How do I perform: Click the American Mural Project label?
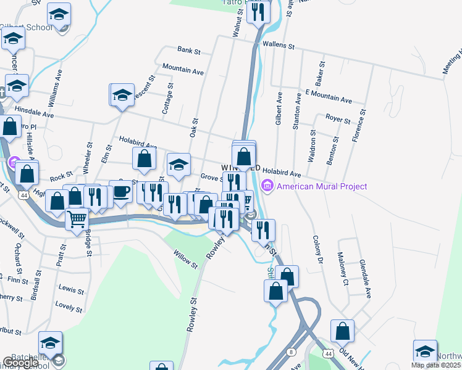pyautogui.click(x=322, y=186)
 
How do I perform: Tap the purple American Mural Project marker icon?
pyautogui.click(x=267, y=185)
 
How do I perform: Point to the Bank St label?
pyautogui.click(x=189, y=51)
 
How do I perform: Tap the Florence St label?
pyautogui.click(x=359, y=126)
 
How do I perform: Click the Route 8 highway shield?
pyautogui.click(x=291, y=351)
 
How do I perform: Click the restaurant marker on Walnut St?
pyautogui.click(x=258, y=12)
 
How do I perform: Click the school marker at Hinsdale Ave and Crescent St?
pyautogui.click(x=122, y=96)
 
